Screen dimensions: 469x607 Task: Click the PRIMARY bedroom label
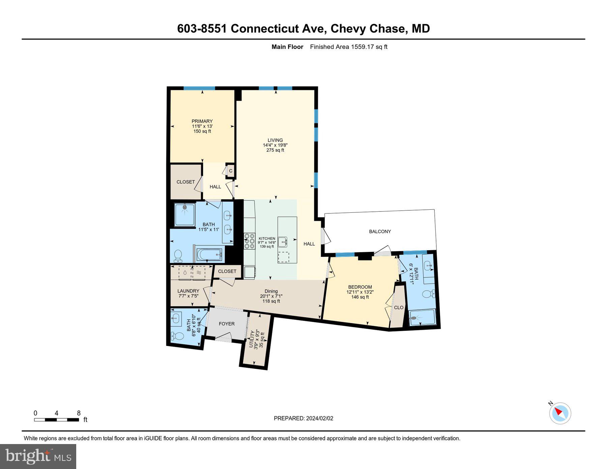[202, 121]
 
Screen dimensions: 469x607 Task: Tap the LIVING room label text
[275, 140]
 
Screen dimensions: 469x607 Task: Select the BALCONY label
[380, 232]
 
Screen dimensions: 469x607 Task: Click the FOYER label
[227, 324]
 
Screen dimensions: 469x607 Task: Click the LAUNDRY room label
[188, 291]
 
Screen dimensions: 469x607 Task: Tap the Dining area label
[271, 291]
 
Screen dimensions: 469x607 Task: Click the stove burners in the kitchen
[250, 241]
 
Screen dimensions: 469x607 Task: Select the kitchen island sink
[283, 242]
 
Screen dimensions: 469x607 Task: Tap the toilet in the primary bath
[178, 256]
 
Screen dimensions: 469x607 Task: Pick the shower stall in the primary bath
[184, 215]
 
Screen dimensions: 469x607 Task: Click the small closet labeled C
[231, 171]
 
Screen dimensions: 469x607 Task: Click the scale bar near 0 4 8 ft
[56, 420]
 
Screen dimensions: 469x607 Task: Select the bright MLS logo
[38, 457]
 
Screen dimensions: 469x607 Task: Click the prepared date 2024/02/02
[319, 418]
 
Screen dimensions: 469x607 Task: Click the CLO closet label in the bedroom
[399, 307]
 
